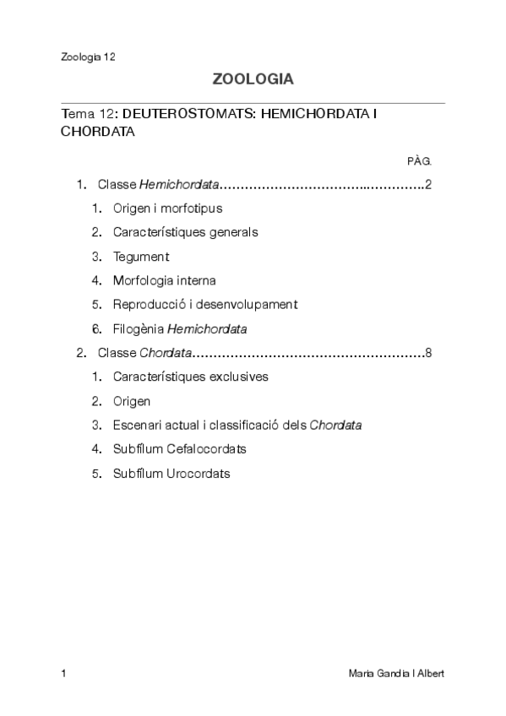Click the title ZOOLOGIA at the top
tap(253, 80)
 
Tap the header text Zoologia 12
tap(88, 57)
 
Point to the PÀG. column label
tap(419, 160)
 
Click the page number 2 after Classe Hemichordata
tap(429, 184)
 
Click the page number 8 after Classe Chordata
tap(429, 353)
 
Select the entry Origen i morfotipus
tap(167, 208)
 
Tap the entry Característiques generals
tap(185, 232)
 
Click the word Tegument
tap(141, 257)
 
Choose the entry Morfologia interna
tap(164, 280)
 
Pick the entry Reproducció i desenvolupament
tap(205, 305)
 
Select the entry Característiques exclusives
tap(190, 377)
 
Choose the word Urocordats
tap(199, 474)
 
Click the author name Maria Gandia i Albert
tap(396, 673)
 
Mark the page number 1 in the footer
tap(64, 673)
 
